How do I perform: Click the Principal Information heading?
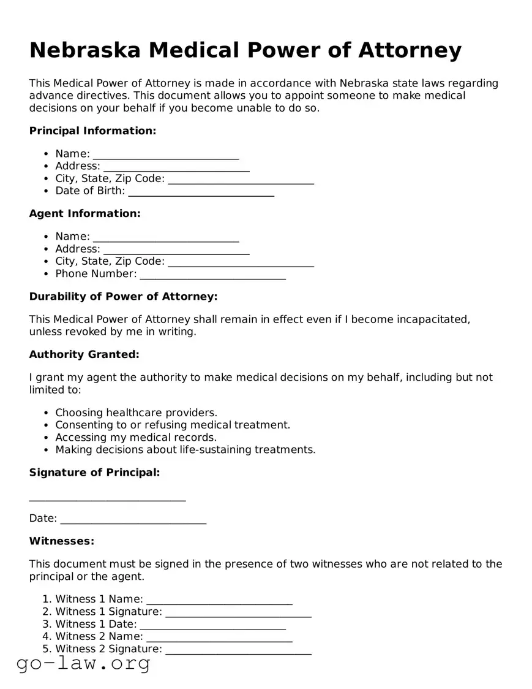tap(92, 131)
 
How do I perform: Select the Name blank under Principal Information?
tap(165, 154)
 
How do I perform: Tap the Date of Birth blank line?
tap(201, 191)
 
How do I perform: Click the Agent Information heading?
tap(84, 213)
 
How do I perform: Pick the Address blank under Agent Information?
tap(176, 249)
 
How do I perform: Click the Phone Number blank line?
tap(212, 274)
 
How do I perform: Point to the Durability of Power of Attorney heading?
tap(123, 297)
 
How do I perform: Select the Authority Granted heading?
tap(84, 354)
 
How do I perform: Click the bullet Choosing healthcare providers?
tap(136, 413)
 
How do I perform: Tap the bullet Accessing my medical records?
tap(136, 438)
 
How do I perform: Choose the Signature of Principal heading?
tap(94, 473)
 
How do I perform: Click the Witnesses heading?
tap(62, 541)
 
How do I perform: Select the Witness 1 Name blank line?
tap(219, 600)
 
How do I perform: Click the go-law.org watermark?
tap(83, 663)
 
